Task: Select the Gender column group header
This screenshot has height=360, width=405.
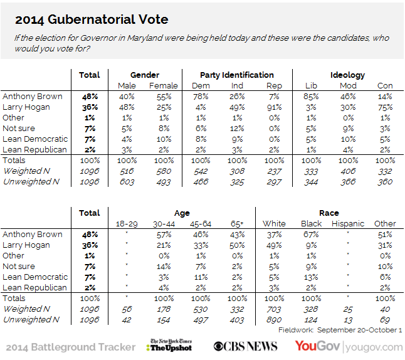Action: point(144,75)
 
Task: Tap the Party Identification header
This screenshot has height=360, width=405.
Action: point(236,75)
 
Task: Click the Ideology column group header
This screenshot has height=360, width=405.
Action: point(347,75)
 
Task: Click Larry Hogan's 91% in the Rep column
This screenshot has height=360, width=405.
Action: point(273,107)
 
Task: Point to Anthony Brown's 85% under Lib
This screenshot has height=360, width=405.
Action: point(310,97)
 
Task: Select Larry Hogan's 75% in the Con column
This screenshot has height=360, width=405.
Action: point(385,107)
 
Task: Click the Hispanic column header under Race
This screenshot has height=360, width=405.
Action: point(347,224)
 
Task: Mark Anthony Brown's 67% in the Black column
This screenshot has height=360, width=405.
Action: point(312,235)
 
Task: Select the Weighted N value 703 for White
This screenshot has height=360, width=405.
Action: point(275,309)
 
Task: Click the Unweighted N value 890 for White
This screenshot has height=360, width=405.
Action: point(275,320)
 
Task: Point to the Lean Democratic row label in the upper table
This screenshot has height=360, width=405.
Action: point(35,139)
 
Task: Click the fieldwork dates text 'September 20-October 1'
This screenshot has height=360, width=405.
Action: point(360,330)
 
